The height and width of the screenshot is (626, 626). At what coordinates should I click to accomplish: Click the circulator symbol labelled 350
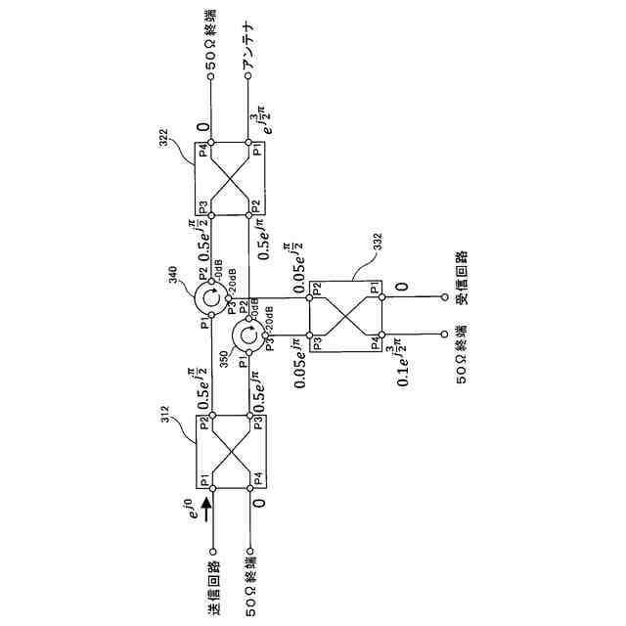point(248,335)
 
